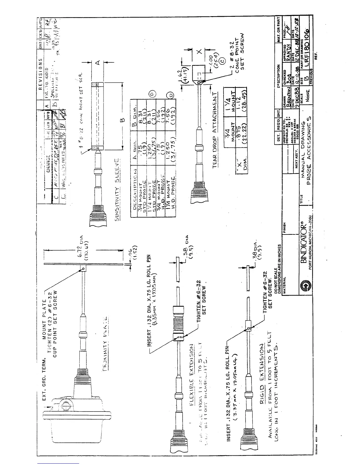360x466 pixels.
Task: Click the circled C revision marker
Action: (x=223, y=61)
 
